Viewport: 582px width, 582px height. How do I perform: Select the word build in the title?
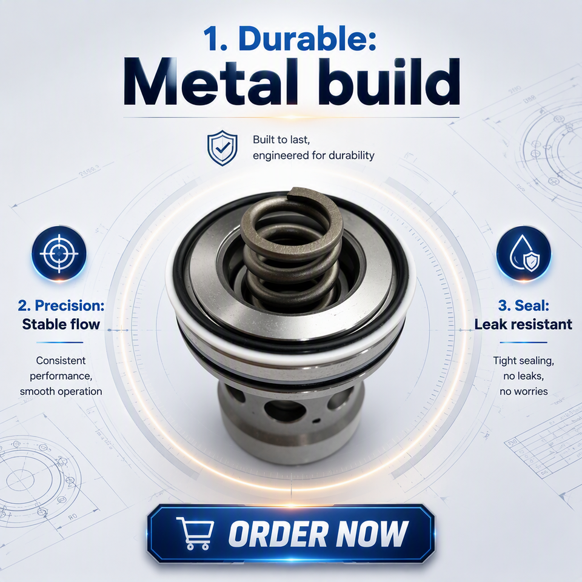pyautogui.click(x=389, y=82)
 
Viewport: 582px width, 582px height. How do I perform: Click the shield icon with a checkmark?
pyautogui.click(x=222, y=148)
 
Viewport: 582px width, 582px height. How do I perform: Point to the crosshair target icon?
pyautogui.click(x=59, y=254)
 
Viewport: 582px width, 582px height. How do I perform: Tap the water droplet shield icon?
pyautogui.click(x=524, y=254)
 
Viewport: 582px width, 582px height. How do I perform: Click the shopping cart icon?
pyautogui.click(x=195, y=533)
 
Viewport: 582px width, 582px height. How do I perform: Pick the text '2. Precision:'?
pyautogui.click(x=61, y=306)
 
